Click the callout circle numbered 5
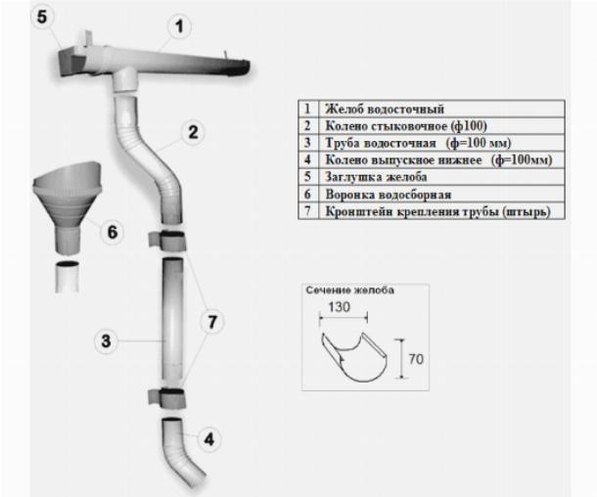tap(42, 17)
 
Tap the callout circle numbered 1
tap(179, 26)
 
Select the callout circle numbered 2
tap(193, 132)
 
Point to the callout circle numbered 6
tap(113, 232)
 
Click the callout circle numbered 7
tap(212, 322)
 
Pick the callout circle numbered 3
tap(106, 341)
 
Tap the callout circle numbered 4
tap(209, 439)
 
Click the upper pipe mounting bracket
tap(167, 242)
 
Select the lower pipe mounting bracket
tap(167, 398)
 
